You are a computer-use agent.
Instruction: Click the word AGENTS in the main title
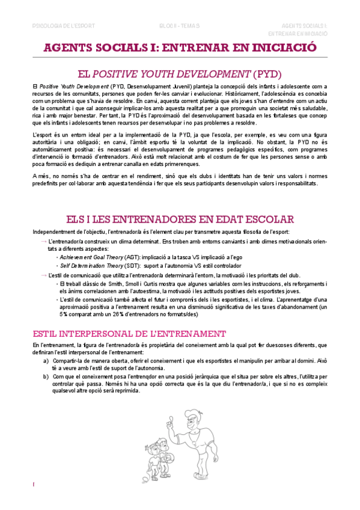coord(76,49)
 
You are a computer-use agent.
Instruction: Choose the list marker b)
coord(46,376)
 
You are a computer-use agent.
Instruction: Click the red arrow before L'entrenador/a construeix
coord(44,241)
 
